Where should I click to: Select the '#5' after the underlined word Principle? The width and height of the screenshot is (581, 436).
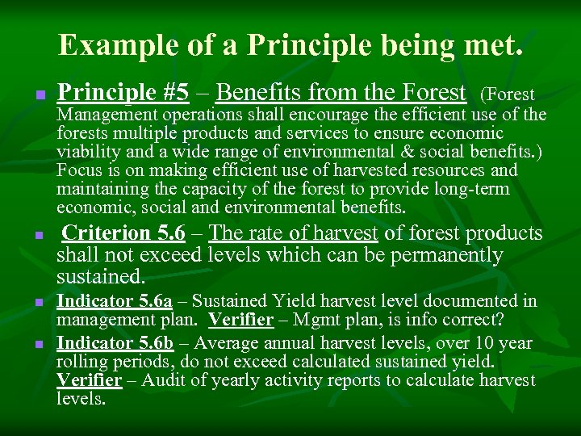pyautogui.click(x=174, y=93)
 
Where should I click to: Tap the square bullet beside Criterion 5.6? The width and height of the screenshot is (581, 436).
pyautogui.click(x=28, y=237)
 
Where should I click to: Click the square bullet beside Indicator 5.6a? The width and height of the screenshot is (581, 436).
pyautogui.click(x=28, y=304)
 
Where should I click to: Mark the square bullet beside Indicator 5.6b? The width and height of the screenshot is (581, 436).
pyautogui.click(x=28, y=345)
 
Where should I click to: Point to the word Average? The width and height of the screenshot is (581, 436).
pyautogui.click(x=219, y=343)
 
